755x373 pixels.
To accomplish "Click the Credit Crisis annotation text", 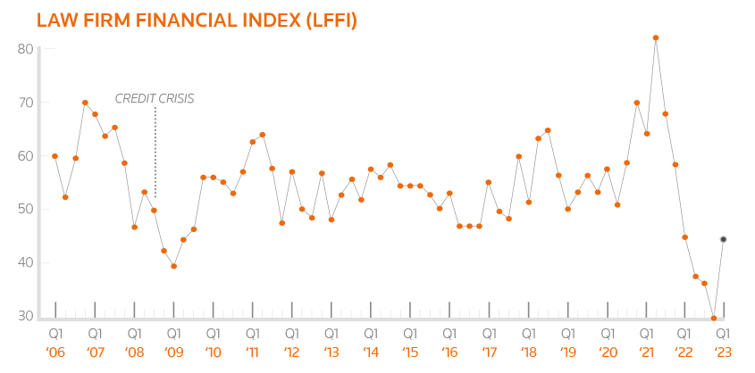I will point(155,98).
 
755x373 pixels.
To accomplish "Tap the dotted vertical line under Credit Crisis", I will point(155,152).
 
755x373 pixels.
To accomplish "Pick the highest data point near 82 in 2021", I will point(656,38).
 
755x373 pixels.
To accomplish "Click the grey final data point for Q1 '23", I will point(724,239).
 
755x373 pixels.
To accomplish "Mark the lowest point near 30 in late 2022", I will point(714,318).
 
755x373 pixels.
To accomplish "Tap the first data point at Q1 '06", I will point(55,156).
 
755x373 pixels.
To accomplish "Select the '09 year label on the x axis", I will point(173,352).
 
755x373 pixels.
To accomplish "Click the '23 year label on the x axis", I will point(725,352).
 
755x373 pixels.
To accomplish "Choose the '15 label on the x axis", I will point(409,352).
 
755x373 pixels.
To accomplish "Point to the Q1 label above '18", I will point(528,333).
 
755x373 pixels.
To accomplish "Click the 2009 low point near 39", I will point(174,266).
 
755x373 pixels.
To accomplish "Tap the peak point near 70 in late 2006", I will point(85,103).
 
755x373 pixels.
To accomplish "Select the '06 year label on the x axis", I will point(55,352).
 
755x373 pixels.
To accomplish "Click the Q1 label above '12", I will point(291,333).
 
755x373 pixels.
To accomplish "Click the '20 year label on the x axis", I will point(607,352).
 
